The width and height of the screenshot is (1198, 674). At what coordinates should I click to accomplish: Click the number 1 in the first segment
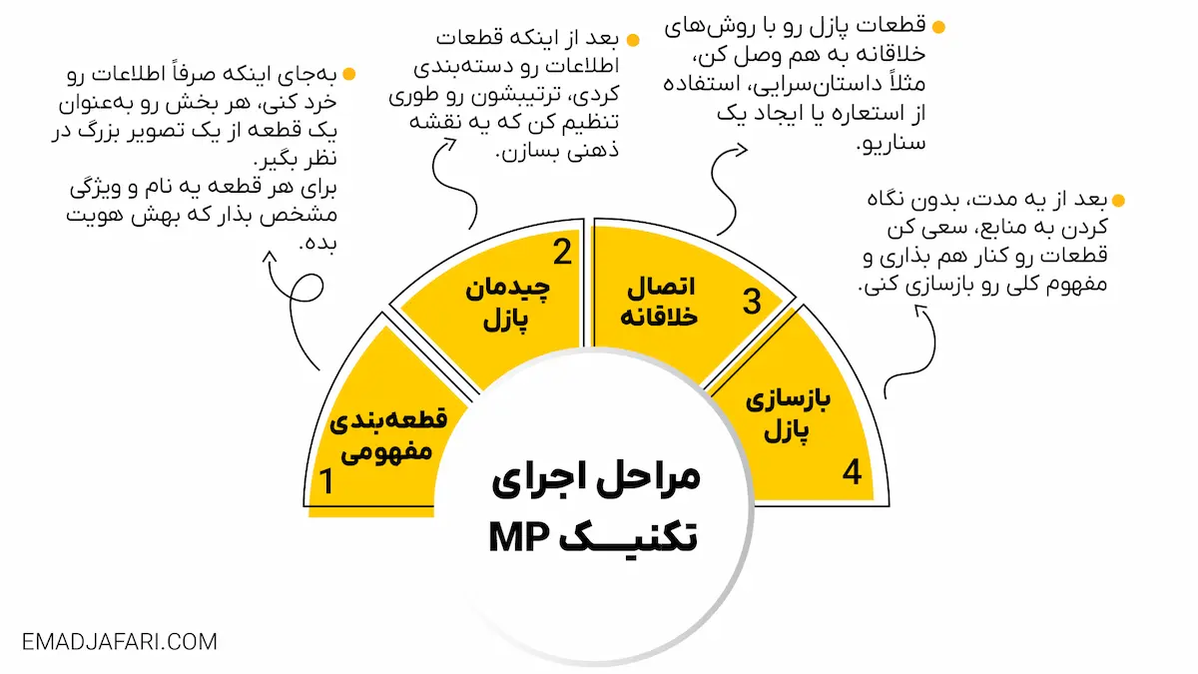coord(324,482)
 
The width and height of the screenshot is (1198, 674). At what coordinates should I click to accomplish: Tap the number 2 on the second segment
coord(563,254)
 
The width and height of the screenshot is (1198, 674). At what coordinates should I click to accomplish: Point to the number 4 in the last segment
coord(852,471)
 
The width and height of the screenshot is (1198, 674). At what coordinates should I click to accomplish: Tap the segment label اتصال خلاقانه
coord(660,303)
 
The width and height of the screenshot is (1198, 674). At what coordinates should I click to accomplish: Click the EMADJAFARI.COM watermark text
coord(120,641)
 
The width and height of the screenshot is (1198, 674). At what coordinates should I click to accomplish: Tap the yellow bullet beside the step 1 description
coord(348,74)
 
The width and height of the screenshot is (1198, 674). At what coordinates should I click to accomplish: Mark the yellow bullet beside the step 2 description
coord(632,41)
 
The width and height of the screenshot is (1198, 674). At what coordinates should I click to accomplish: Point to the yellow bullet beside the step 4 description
coord(1119,201)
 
